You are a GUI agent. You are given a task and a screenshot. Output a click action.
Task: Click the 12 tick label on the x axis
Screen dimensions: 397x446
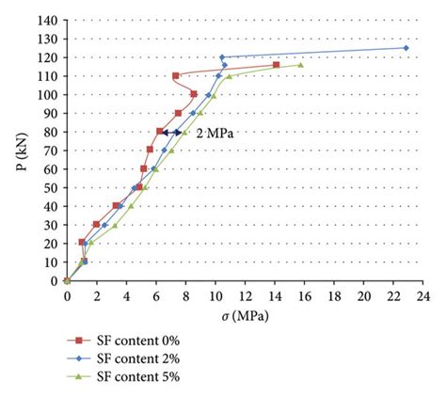244,294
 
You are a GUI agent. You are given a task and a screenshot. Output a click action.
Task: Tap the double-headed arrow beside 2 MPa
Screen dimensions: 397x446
171,133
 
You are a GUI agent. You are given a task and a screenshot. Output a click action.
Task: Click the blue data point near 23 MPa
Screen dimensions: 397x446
406,48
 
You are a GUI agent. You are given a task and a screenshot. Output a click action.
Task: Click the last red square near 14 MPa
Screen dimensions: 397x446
276,65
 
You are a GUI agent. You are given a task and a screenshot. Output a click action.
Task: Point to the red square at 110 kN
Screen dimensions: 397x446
176,75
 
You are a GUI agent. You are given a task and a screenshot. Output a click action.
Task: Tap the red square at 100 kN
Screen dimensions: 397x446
193,94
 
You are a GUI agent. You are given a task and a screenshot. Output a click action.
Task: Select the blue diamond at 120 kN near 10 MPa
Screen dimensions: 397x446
222,57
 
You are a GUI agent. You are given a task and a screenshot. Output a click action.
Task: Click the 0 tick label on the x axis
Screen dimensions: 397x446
67,294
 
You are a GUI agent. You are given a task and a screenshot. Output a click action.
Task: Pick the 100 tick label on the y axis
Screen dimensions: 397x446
50,94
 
